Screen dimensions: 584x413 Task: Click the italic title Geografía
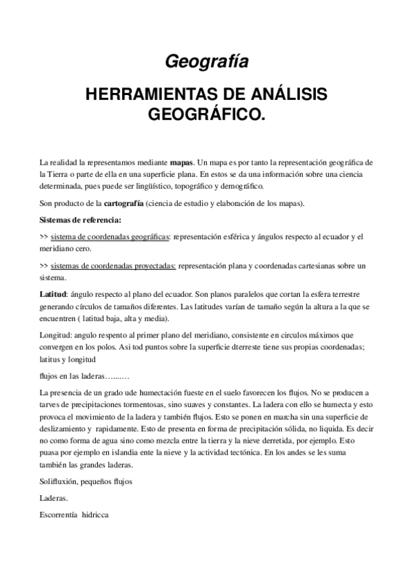click(206, 62)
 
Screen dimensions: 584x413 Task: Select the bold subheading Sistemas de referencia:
click(81, 220)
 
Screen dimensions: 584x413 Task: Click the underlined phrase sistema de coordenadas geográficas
click(110, 237)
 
